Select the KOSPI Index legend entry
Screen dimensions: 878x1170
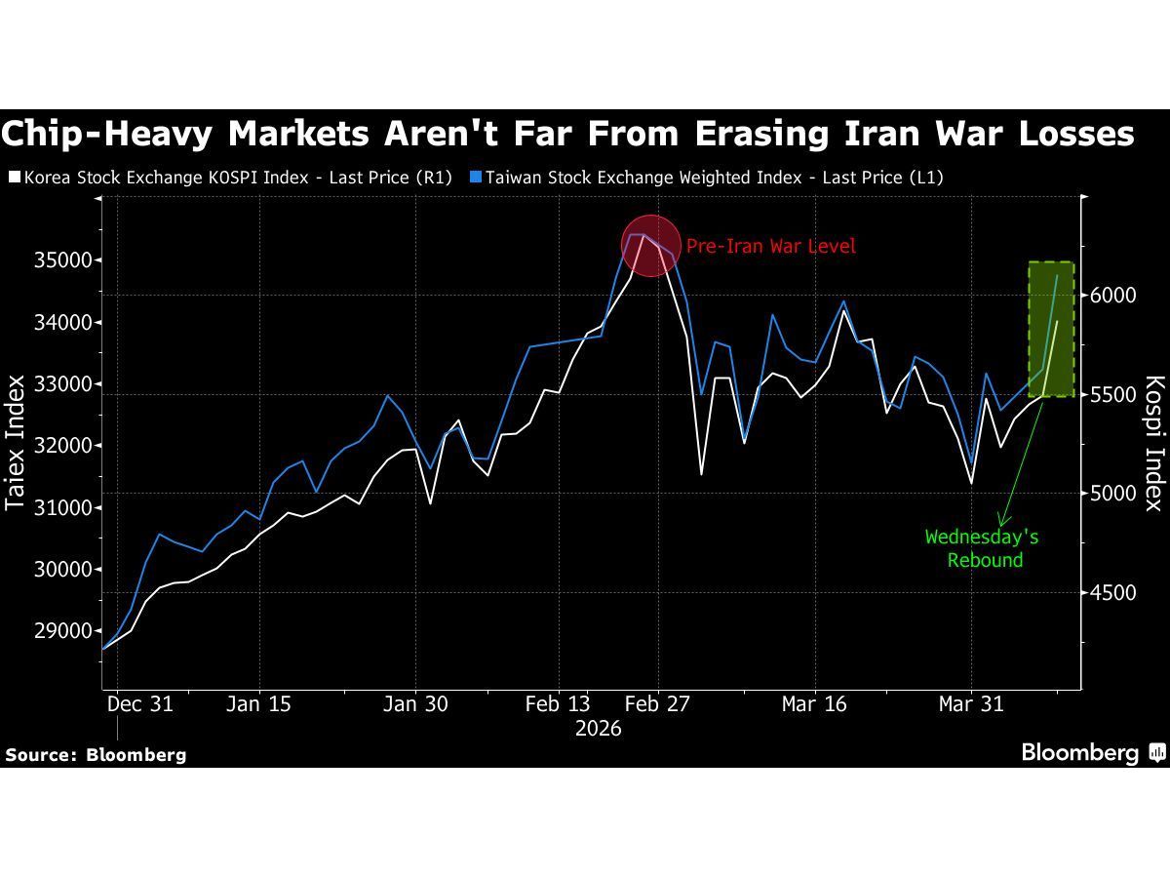pyautogui.click(x=229, y=178)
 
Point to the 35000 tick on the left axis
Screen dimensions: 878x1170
pyautogui.click(x=63, y=260)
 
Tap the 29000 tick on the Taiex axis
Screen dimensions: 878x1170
pyautogui.click(x=63, y=631)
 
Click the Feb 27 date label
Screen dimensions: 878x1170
pyautogui.click(x=656, y=704)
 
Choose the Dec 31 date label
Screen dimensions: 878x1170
pyautogui.click(x=139, y=704)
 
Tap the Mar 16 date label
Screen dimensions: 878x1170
pyautogui.click(x=814, y=704)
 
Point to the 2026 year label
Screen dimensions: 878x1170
pyautogui.click(x=599, y=729)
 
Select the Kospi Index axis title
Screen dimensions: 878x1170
pyautogui.click(x=1153, y=443)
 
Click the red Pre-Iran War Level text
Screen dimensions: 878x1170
pyautogui.click(x=770, y=247)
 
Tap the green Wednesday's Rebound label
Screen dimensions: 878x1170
pyautogui.click(x=982, y=548)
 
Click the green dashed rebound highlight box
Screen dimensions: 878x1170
pyautogui.click(x=1051, y=329)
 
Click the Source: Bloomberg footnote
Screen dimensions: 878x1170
pyautogui.click(x=96, y=754)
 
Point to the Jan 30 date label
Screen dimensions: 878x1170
pyautogui.click(x=416, y=704)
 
